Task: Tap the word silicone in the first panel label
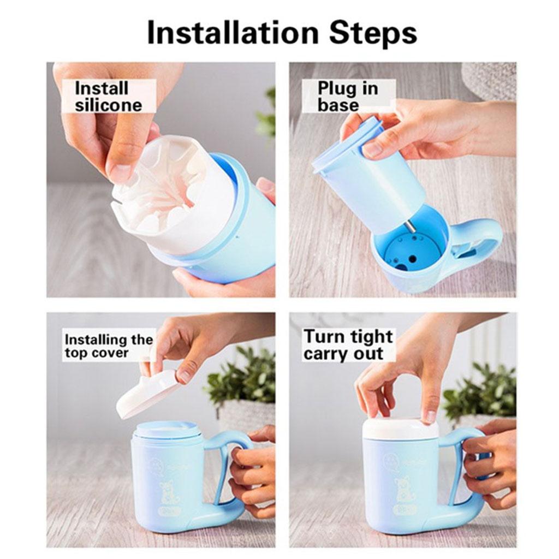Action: point(108,105)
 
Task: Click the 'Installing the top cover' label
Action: point(109,346)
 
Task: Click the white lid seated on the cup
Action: point(400,428)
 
